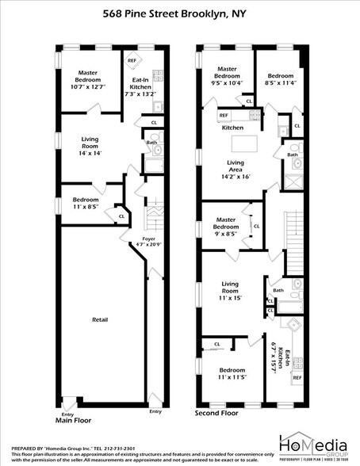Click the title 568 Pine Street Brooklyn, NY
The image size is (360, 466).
coord(180,13)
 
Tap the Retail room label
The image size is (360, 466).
coord(99,319)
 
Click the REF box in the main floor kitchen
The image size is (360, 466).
coord(132,59)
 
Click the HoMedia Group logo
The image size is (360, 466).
coord(312,444)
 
